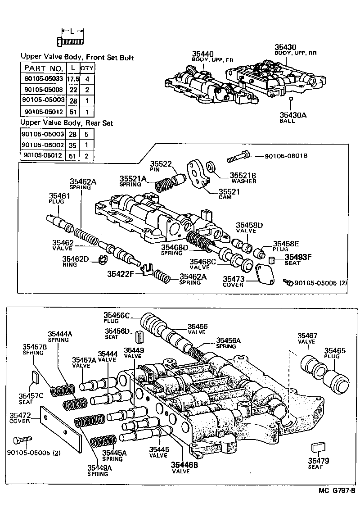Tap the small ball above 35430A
(x=291, y=99)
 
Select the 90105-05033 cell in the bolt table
(x=43, y=78)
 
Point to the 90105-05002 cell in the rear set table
(x=43, y=145)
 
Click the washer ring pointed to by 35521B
(x=210, y=167)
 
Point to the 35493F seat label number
(x=298, y=257)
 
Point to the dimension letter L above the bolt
(x=72, y=31)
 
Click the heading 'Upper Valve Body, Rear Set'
(x=67, y=123)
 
